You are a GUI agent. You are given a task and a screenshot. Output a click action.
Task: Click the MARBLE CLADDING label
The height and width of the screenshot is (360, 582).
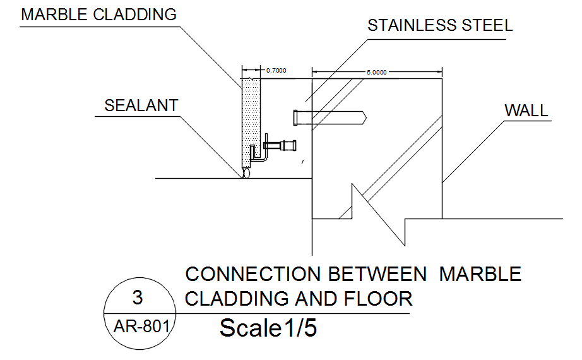(99, 15)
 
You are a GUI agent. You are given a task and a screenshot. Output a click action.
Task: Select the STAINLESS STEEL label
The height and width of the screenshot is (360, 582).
(440, 26)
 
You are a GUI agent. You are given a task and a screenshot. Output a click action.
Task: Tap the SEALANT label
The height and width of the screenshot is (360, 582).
(141, 105)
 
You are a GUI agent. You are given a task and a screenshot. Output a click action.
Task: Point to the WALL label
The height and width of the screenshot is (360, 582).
(526, 111)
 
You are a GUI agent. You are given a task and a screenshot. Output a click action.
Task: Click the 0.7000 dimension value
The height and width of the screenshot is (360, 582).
(276, 71)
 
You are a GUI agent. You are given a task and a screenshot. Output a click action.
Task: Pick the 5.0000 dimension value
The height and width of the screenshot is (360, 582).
(377, 73)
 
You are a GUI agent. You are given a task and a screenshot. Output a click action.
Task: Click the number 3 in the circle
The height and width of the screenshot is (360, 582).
(138, 297)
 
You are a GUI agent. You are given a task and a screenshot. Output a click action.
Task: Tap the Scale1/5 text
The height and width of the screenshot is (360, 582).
(268, 328)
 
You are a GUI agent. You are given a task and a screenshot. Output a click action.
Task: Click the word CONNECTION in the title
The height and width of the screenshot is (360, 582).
(253, 274)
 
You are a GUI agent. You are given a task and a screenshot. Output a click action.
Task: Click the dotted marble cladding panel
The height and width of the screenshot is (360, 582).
(251, 120)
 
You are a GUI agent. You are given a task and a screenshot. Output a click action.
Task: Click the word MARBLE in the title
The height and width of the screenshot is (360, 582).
(480, 274)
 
